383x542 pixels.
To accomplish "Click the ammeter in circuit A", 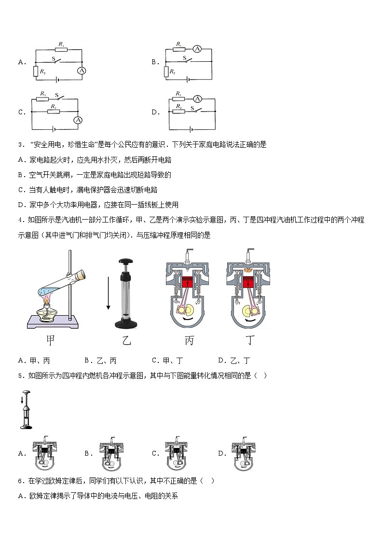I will tap(82, 70).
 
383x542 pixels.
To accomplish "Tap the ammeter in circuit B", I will tap(197, 48).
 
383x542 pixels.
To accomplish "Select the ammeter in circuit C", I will tap(77, 120).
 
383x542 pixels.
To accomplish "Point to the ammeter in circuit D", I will tap(197, 98).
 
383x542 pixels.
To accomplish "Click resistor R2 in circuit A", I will tap(36, 71).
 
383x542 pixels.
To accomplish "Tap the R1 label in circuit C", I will tap(43, 93).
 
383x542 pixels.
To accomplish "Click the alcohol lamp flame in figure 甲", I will tap(47, 302).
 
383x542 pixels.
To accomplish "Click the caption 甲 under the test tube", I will tap(50, 340).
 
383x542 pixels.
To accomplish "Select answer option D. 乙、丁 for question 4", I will tap(234, 360).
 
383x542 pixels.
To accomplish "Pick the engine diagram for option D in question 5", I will tap(244, 453).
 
